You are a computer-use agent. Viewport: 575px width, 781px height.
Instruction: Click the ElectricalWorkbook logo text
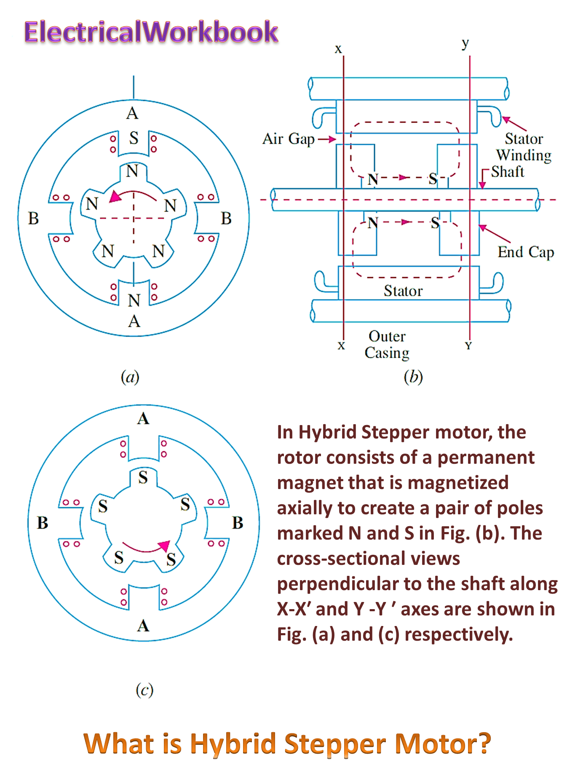coord(151,32)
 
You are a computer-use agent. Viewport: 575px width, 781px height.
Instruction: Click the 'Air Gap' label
coord(289,139)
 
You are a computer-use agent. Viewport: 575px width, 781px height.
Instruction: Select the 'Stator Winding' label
coord(524,147)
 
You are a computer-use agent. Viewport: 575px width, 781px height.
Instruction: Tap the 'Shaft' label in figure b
coord(508,172)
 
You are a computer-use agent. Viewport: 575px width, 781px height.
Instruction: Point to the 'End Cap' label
coord(526,252)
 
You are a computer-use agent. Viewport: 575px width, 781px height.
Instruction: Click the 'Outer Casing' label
coord(387,345)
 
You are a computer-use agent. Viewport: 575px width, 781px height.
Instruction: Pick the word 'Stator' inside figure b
coord(403,291)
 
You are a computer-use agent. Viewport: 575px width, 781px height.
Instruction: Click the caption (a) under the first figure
coord(130,377)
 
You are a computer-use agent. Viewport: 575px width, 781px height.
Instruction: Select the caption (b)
coord(413,377)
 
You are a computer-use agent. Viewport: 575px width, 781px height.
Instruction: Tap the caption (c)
coord(144,690)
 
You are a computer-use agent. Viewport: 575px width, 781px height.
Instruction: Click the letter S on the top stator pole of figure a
coord(134,138)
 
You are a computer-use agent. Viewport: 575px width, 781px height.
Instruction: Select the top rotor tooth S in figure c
coord(143,477)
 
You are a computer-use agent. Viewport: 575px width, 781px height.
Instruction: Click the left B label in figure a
coord(33,219)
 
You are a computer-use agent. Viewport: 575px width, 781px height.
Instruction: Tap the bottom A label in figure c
coord(143,626)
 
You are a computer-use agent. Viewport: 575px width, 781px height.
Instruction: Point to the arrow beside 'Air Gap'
coord(327,139)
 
